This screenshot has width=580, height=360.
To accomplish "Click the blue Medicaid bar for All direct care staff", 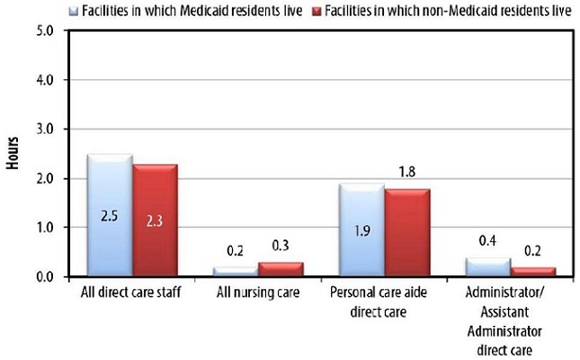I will [110, 216].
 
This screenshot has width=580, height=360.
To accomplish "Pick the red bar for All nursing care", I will [281, 269].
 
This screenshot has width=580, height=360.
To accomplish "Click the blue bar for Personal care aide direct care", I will [361, 230].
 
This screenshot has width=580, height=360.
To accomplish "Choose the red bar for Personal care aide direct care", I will [406, 233].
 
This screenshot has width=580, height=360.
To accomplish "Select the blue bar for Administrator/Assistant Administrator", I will [487, 267].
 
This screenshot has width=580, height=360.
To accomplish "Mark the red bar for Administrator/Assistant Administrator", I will [532, 272].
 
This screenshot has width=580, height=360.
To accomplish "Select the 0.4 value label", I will [487, 241].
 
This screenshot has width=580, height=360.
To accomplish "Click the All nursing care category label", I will [258, 292].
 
